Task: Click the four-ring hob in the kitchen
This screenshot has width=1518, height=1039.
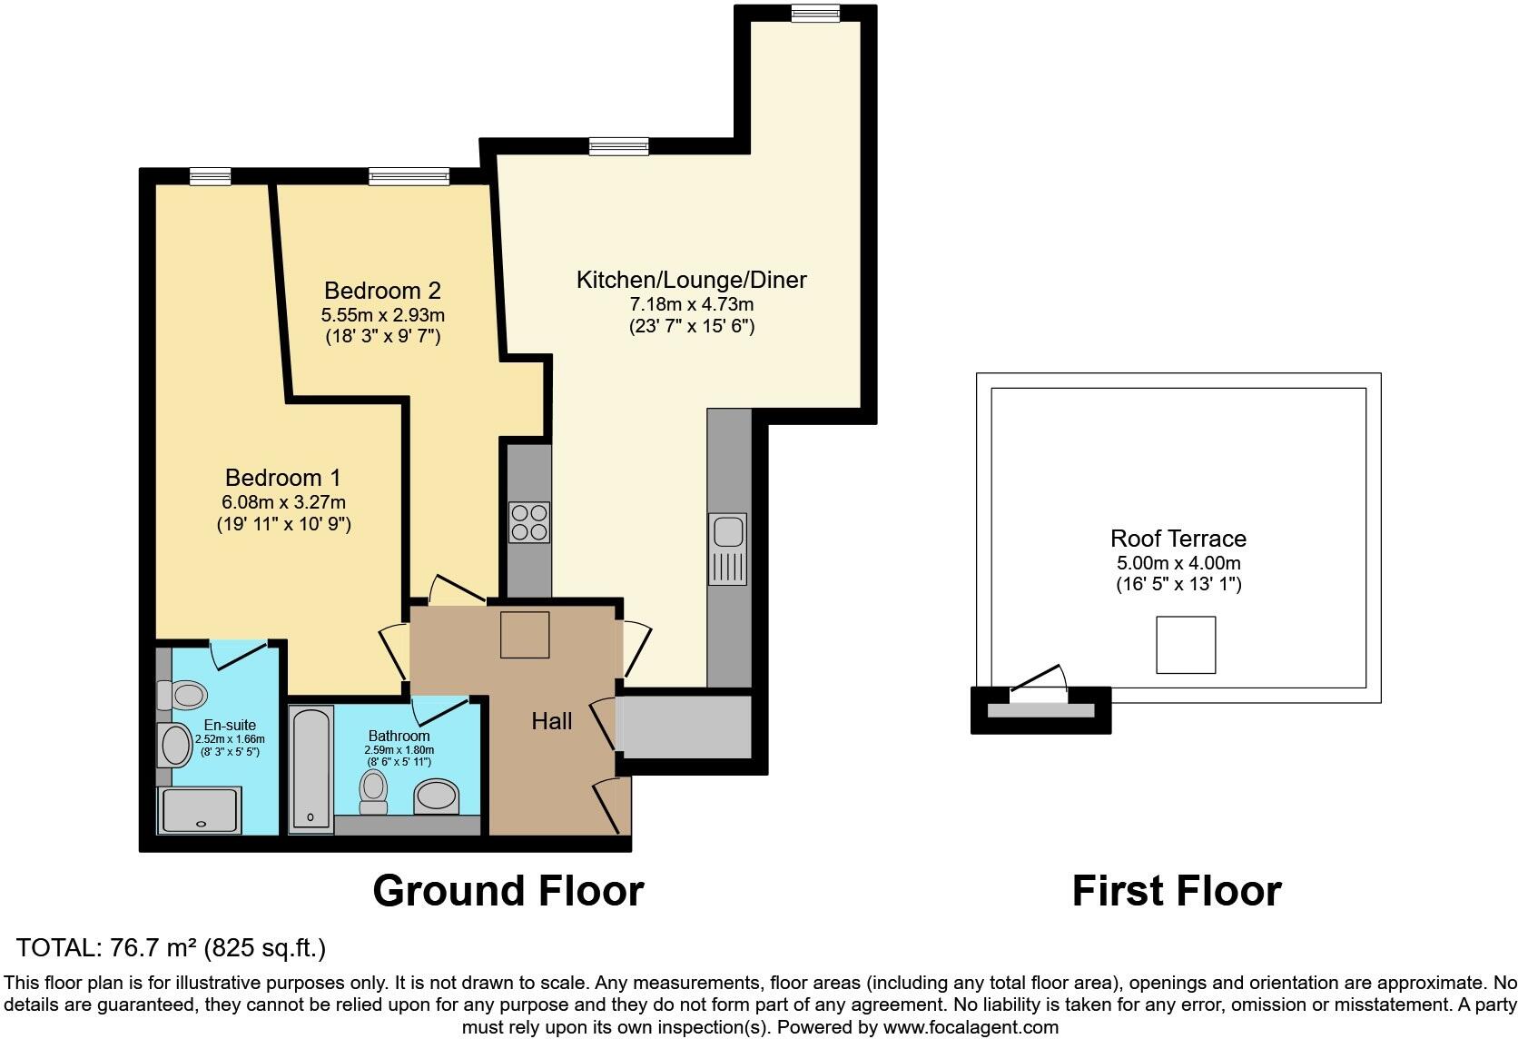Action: point(529,522)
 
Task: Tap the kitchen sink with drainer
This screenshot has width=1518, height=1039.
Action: point(727,549)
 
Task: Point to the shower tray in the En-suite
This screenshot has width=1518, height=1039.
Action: point(201,810)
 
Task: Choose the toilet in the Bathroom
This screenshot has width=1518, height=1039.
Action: point(373,792)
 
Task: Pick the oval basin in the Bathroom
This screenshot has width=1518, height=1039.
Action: point(437,798)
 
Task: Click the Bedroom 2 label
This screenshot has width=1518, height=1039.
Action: point(382,291)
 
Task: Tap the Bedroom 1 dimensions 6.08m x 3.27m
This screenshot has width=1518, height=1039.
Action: point(283,502)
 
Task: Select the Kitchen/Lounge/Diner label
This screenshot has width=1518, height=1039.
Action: point(691,280)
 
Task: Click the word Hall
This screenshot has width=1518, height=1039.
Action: point(552,721)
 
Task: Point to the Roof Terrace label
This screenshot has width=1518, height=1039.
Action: point(1178,539)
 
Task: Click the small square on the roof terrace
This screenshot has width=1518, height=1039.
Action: point(1185,645)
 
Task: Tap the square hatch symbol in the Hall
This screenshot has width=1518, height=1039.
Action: point(525,635)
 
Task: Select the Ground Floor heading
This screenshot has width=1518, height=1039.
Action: point(508,891)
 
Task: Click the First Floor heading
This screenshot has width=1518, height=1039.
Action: point(1176,891)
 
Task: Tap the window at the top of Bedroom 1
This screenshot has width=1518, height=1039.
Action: point(210,176)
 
